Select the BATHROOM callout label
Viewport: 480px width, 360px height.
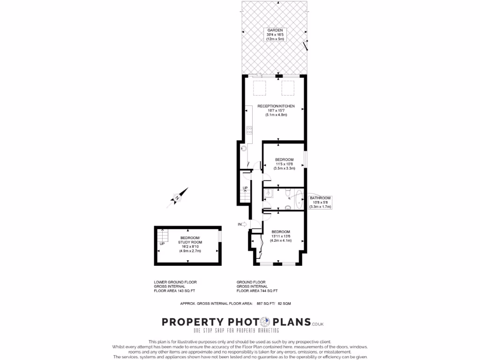(x=321, y=198)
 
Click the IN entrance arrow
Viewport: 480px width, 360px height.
(x=243, y=225)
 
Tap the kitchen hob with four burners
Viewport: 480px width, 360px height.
(x=249, y=130)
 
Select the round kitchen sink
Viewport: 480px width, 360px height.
(x=244, y=148)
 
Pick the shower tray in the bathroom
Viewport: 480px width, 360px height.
(x=268, y=192)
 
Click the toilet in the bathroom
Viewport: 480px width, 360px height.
(x=286, y=192)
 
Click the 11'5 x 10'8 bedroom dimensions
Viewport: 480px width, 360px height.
(x=284, y=164)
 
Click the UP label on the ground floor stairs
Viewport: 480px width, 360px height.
(x=245, y=188)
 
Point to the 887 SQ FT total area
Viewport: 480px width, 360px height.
(x=265, y=304)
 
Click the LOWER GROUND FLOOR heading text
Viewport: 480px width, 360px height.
(x=175, y=282)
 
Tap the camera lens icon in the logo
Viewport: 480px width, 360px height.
(x=264, y=322)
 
